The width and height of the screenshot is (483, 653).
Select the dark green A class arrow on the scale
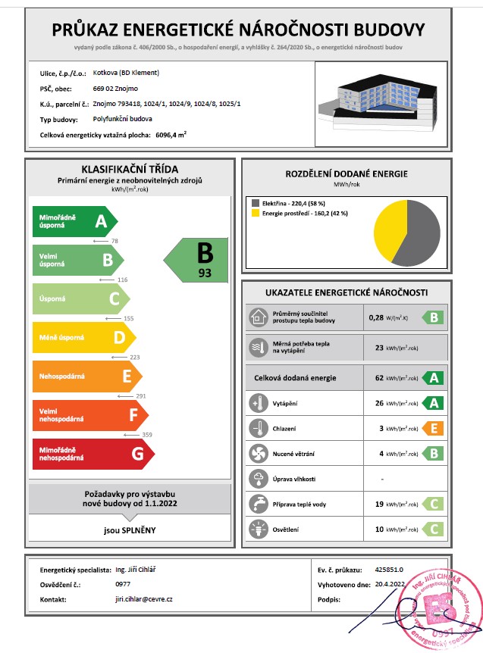pos(74,221)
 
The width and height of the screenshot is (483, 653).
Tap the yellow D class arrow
pos(83,338)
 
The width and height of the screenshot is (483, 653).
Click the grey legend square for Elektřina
pos(254,203)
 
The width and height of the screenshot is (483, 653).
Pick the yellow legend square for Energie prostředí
pos(254,214)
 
